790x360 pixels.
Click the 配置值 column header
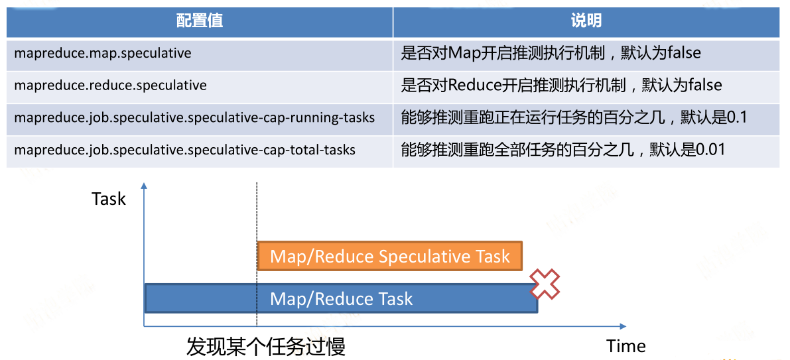(200, 21)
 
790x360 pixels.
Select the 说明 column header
(586, 21)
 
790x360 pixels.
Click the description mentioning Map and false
(551, 53)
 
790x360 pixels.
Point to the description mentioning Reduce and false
(561, 85)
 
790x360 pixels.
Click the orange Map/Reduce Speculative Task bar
(390, 257)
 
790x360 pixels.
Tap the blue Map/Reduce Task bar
(341, 298)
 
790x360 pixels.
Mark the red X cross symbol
(543, 284)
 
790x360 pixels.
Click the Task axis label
(108, 199)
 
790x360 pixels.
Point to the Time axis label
(626, 346)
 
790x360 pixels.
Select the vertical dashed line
(257, 255)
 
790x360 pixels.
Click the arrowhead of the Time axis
(623, 326)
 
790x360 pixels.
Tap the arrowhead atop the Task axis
(144, 186)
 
